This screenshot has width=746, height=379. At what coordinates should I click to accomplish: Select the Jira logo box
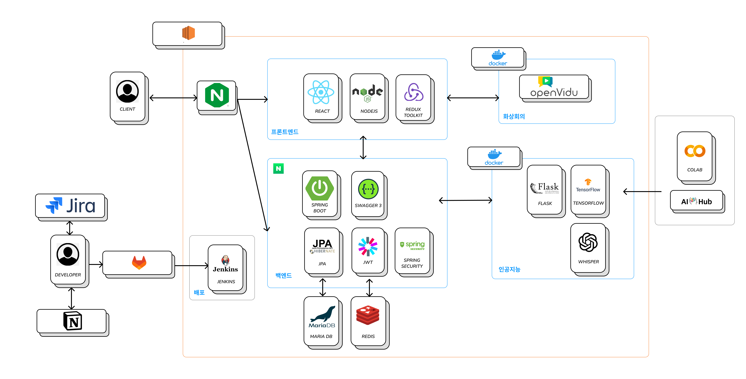(70, 206)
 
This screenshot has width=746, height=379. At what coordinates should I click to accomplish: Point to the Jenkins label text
(226, 282)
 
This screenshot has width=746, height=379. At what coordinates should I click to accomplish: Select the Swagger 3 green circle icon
(368, 189)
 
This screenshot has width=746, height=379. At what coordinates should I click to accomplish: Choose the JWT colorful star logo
(368, 246)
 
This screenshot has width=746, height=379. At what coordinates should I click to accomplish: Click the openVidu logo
(554, 87)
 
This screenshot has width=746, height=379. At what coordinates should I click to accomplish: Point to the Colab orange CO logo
(695, 151)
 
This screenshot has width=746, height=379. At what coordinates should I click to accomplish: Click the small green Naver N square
(278, 168)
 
